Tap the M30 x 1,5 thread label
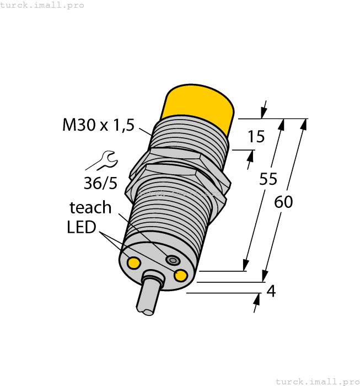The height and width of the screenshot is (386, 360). [x=98, y=125]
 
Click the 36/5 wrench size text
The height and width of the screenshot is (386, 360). [x=101, y=183]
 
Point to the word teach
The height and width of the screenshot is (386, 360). [x=90, y=207]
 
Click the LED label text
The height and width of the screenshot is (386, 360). [x=82, y=227]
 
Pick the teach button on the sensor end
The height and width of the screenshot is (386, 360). [x=173, y=260]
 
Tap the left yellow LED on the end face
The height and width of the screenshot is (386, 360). [x=133, y=263]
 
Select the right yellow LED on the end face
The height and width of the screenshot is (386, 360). [x=180, y=275]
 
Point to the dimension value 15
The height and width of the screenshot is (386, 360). [x=256, y=136]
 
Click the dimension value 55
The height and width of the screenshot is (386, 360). [x=268, y=179]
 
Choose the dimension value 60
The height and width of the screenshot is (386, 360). [x=283, y=202]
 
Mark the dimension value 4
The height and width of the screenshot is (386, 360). [x=270, y=291]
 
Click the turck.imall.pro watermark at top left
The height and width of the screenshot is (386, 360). [x=42, y=5]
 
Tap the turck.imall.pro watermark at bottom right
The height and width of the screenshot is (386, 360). [x=316, y=381]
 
